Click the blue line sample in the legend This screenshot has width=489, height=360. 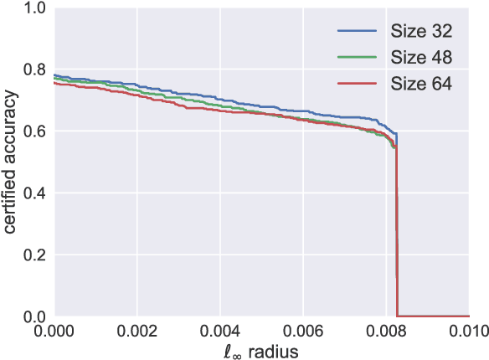(357, 31)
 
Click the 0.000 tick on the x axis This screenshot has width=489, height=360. (53, 332)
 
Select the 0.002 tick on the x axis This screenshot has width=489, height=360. (136, 332)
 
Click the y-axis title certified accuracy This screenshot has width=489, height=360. (10, 163)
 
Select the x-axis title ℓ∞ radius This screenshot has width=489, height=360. (262, 351)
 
